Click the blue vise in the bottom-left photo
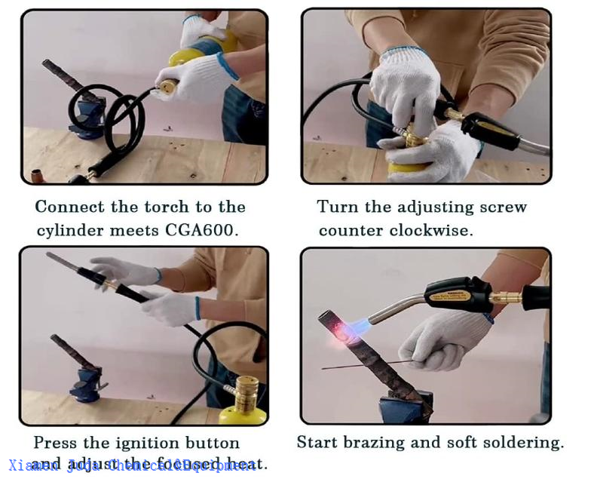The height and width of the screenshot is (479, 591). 86,381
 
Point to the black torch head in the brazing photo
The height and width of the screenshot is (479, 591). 456,293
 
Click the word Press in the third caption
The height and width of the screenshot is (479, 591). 56,443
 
